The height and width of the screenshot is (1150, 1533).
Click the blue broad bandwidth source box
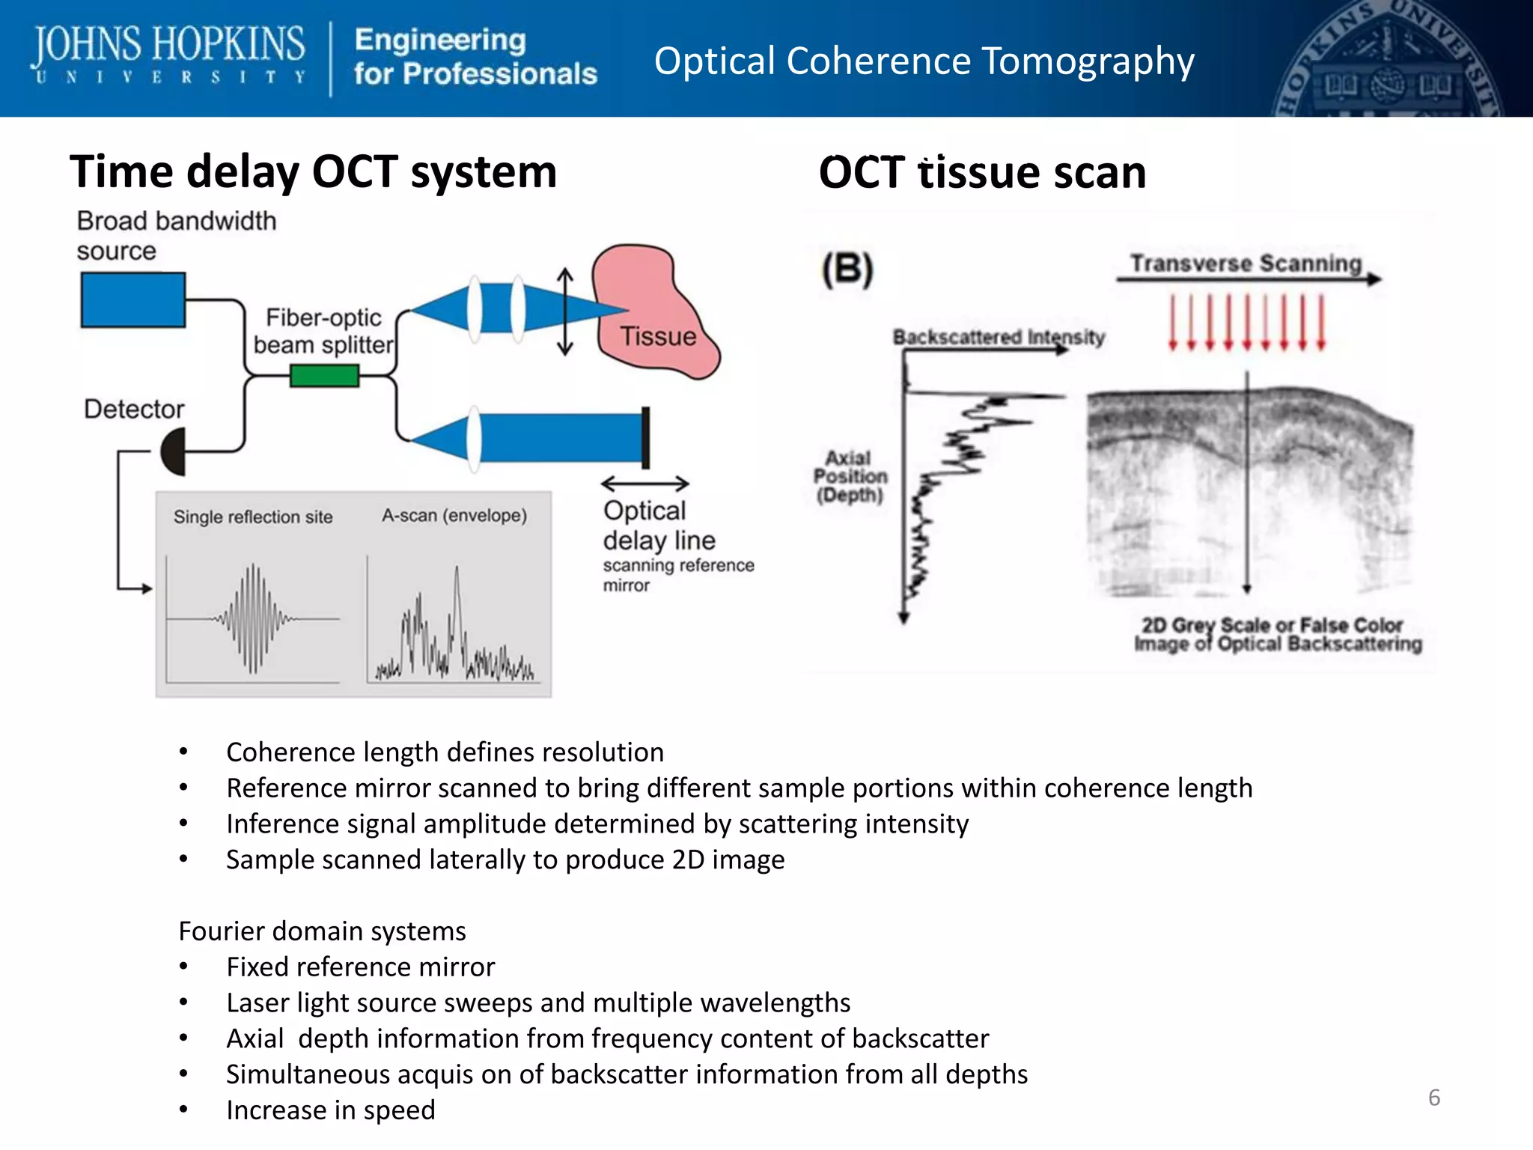point(132,299)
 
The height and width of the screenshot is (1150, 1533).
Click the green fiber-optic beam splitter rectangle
point(324,375)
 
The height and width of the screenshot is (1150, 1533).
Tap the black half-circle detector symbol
point(174,451)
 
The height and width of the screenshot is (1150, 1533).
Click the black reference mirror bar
point(645,438)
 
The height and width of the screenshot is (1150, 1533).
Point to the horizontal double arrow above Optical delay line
point(644,484)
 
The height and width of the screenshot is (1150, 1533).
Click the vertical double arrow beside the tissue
point(566,312)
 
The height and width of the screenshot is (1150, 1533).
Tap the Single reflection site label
point(253,517)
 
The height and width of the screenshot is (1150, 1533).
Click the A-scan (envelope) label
point(454,515)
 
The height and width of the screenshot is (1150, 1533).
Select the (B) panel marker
point(847,270)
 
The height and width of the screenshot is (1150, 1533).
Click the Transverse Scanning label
point(1246,264)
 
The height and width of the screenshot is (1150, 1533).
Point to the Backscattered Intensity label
point(999,337)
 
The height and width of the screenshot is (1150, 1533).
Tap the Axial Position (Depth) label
point(850,476)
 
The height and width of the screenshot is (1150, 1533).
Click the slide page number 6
point(1433,1098)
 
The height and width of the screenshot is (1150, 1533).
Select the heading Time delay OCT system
point(313,172)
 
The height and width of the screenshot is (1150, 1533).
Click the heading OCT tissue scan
point(982,172)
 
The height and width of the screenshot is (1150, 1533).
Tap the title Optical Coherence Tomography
point(924,61)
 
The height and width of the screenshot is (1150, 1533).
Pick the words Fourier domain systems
point(322,931)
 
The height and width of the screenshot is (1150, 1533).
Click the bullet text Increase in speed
point(330,1110)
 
